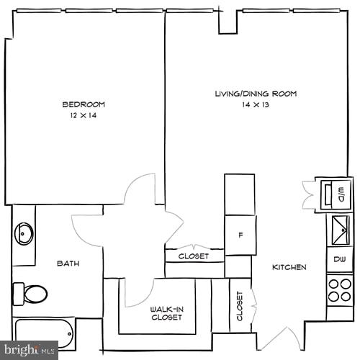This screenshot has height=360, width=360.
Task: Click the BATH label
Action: [x=68, y=264]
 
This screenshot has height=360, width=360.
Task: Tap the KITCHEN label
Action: [x=289, y=267]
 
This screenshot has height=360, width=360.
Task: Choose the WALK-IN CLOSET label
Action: [x=167, y=313]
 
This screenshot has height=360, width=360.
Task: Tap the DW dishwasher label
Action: [x=339, y=258]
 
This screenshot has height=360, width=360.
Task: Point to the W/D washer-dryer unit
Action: [x=336, y=192]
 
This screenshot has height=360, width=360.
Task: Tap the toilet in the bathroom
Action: [x=30, y=293]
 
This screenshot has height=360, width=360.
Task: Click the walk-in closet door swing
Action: [x=137, y=292]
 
